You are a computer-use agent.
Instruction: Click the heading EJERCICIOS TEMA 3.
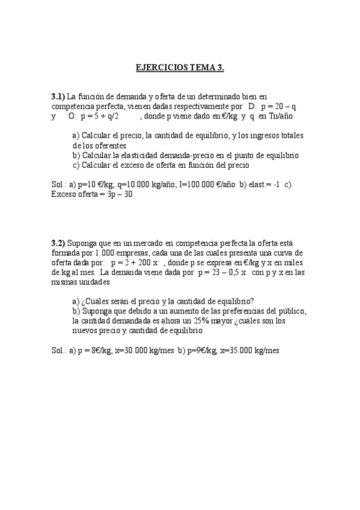click(180, 68)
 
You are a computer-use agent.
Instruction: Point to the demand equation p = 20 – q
click(278, 106)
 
